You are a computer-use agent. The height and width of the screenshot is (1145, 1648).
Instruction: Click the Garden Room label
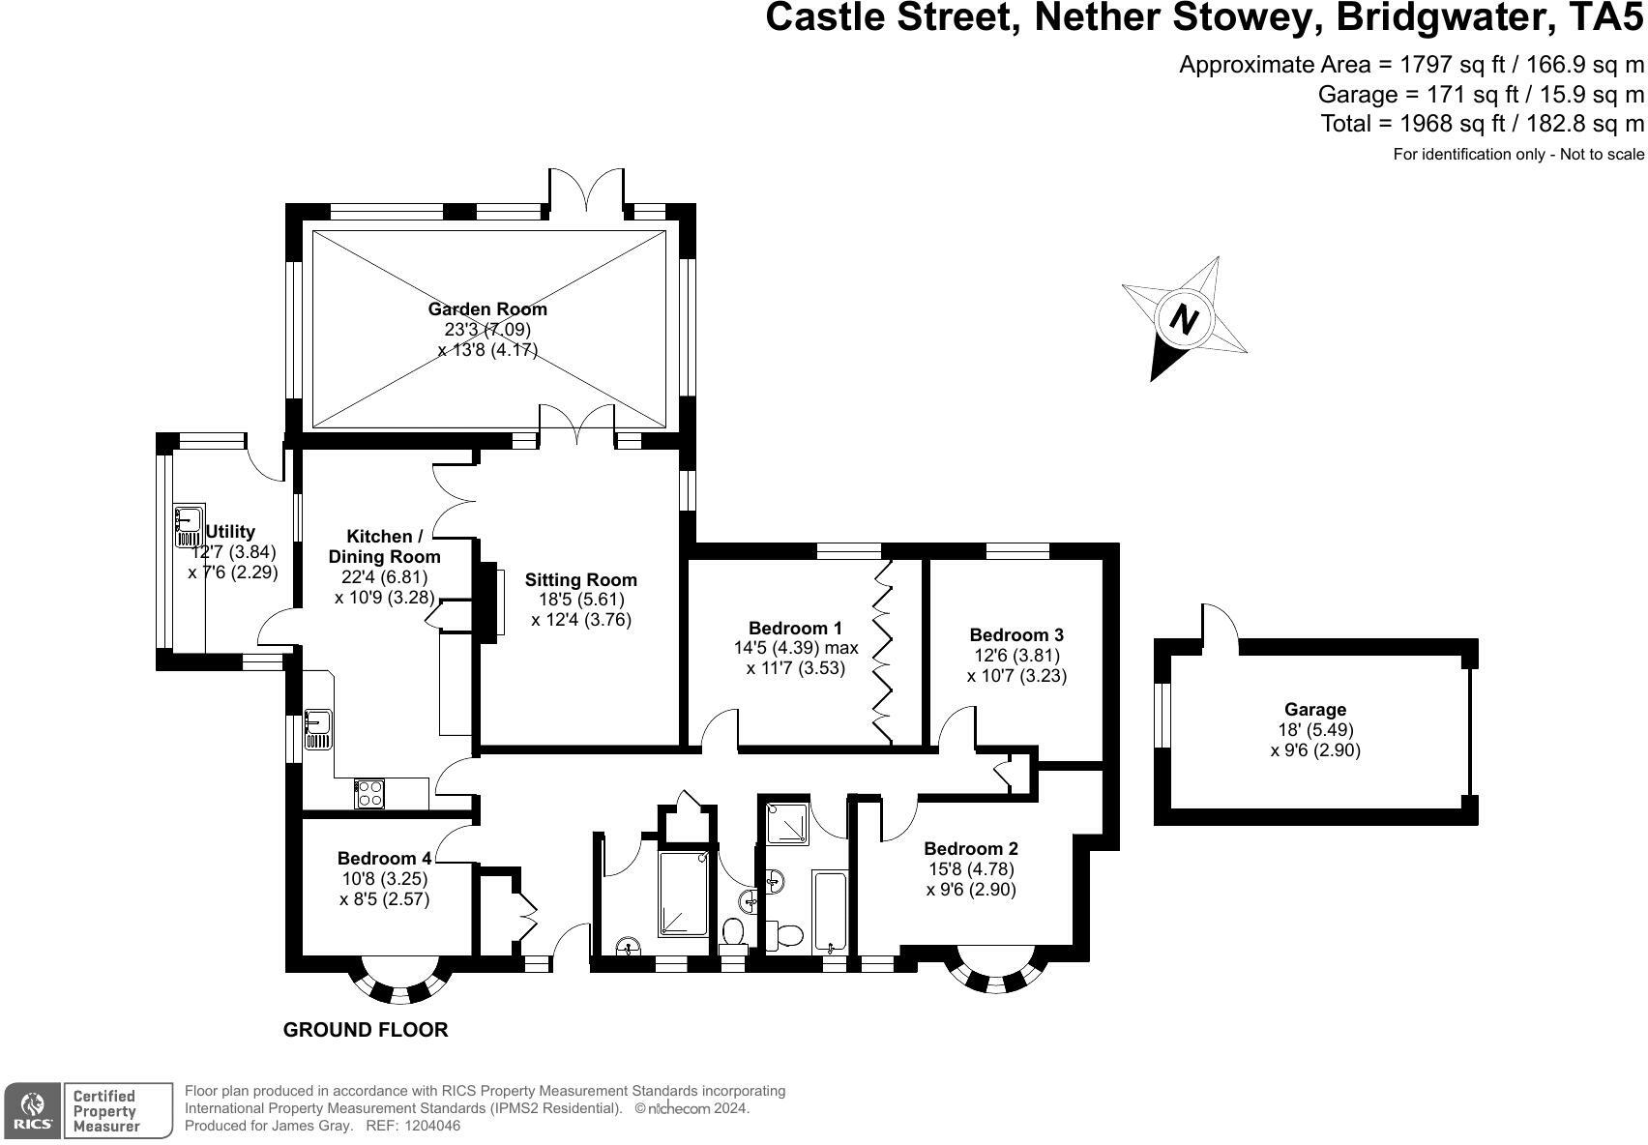click(487, 309)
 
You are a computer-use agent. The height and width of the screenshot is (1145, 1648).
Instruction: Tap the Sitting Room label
click(580, 580)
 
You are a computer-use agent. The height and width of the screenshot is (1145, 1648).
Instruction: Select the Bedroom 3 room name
click(1016, 635)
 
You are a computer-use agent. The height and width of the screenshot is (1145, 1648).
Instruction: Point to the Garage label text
click(1314, 710)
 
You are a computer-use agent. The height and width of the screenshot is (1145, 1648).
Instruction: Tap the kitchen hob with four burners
click(369, 793)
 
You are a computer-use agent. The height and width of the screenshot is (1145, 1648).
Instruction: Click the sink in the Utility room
click(188, 525)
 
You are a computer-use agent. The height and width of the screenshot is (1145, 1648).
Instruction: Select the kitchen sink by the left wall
click(317, 729)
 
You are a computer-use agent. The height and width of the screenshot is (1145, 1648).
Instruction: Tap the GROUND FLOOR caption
click(366, 1030)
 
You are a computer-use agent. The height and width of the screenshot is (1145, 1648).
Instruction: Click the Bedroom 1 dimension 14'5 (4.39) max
click(795, 648)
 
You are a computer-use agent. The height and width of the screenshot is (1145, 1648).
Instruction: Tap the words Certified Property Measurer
click(106, 1110)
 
